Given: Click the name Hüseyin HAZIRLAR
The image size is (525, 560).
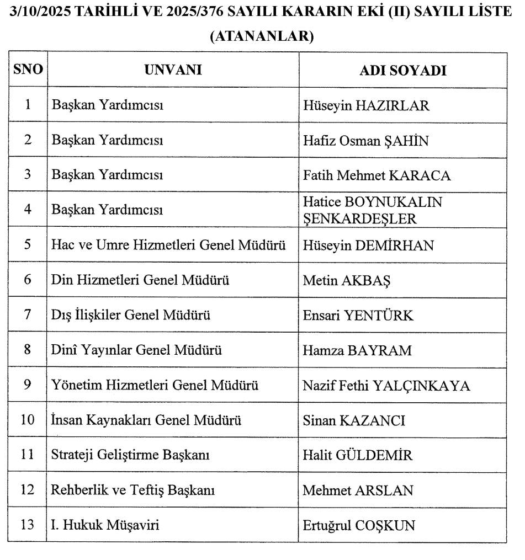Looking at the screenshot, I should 366,106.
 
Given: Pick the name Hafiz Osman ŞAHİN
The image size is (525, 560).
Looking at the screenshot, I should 366,141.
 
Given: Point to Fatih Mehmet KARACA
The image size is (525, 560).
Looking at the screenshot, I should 377,175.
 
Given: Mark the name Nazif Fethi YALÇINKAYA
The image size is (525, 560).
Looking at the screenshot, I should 386,385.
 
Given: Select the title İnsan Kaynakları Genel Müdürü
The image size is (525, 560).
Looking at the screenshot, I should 147,420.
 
